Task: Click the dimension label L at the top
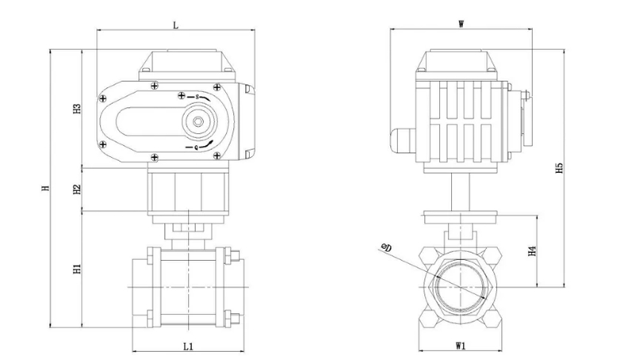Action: (x=175, y=25)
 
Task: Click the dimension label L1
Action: (x=189, y=346)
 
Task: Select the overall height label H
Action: (x=45, y=188)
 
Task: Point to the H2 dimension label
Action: (x=78, y=190)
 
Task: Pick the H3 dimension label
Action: (x=78, y=109)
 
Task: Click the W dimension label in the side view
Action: (x=461, y=25)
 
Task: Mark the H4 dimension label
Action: (x=533, y=251)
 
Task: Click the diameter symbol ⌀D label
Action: (x=387, y=248)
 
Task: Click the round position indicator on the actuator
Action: (x=196, y=121)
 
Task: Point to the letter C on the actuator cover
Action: (x=196, y=147)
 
